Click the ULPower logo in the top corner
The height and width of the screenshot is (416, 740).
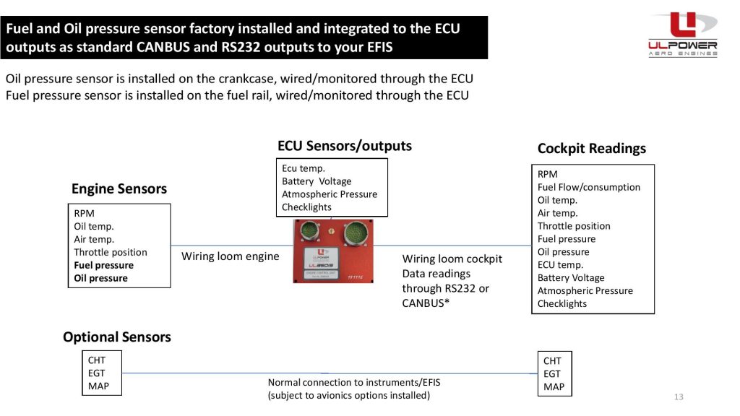click(x=682, y=34)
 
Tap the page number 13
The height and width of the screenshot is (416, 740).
click(x=678, y=396)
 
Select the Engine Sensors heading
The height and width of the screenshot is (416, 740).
click(x=119, y=188)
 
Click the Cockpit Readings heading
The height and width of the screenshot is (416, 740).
click(x=591, y=148)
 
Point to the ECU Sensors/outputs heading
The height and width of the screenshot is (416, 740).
click(x=344, y=146)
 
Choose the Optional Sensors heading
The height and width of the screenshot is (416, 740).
click(x=116, y=337)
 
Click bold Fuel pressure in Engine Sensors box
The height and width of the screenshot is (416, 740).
click(x=103, y=265)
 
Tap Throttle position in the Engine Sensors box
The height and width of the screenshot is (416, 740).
click(x=110, y=252)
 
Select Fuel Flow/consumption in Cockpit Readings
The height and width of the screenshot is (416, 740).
click(x=588, y=187)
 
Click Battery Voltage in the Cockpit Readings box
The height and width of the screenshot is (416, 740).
click(x=570, y=277)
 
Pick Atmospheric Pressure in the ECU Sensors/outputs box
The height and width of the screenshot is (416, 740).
click(x=329, y=194)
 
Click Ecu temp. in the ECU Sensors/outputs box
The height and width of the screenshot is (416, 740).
click(x=303, y=168)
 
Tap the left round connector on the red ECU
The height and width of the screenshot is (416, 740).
click(x=309, y=233)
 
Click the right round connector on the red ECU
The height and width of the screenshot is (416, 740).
click(x=356, y=234)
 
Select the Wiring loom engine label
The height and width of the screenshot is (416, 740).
click(x=230, y=256)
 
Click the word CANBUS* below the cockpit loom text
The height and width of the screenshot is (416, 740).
click(x=426, y=303)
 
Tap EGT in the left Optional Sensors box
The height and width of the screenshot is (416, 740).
click(x=96, y=373)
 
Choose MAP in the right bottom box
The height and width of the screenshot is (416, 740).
click(x=554, y=386)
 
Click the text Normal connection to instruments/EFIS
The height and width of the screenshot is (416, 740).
click(x=353, y=382)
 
